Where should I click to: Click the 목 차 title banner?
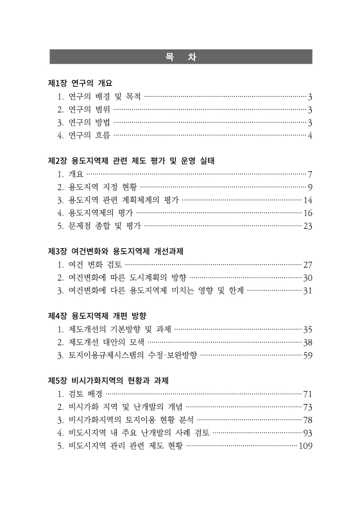180,56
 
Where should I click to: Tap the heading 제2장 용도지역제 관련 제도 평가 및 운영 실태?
131,160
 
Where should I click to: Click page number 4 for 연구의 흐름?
309,135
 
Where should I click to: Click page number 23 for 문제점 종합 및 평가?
307,226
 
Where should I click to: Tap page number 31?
307,290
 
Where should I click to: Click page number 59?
307,355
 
